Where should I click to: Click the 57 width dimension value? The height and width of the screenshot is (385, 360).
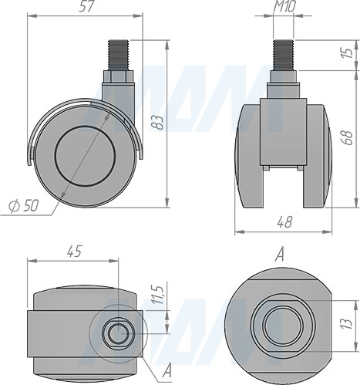tap(86, 6)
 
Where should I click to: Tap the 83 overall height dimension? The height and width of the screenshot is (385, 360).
tap(156, 122)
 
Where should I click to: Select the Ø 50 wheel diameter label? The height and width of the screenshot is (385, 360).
tap(24, 205)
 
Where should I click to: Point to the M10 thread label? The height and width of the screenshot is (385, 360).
tap(284, 6)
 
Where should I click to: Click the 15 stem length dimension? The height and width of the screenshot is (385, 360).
tap(348, 52)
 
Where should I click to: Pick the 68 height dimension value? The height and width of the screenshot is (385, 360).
tap(348, 138)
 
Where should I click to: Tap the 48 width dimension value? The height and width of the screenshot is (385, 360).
tap(284, 222)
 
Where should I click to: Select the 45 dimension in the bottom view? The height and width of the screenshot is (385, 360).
tap(75, 251)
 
